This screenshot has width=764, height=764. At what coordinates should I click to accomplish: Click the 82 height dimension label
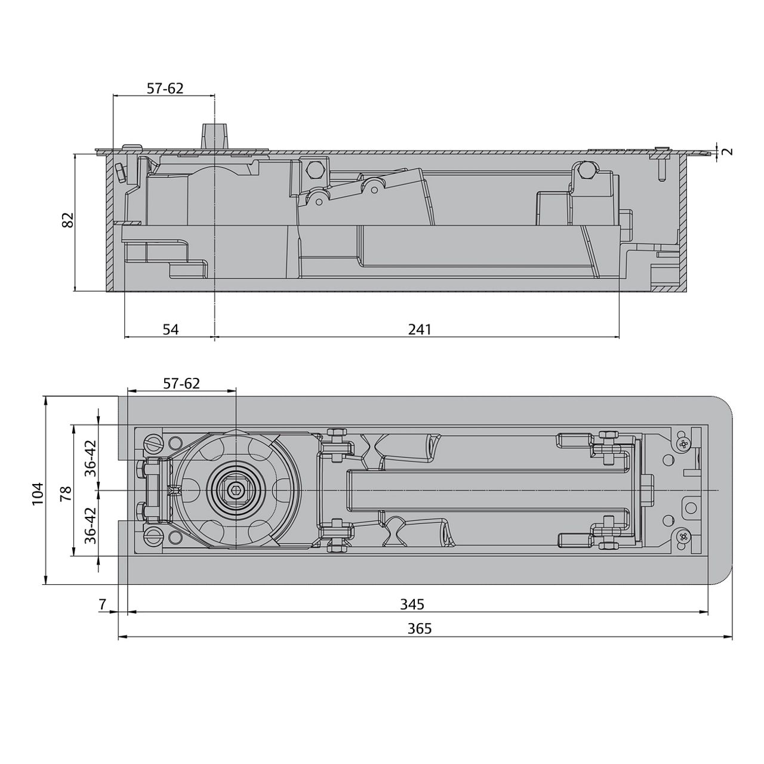pos(68,220)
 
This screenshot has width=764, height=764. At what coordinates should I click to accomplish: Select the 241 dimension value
pos(420,329)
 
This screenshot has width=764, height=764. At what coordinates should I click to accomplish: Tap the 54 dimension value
pos(171,329)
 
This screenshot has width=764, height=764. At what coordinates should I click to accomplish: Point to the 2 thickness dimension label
pos(726,151)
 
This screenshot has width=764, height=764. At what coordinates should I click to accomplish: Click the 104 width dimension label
pos(38,494)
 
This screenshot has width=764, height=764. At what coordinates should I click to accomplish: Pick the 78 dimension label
pos(66,493)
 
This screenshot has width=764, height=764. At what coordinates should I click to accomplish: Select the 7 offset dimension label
pos(102,604)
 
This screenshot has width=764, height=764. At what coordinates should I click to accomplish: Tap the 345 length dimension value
pos(412,604)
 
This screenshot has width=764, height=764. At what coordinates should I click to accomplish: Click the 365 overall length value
pos(420,629)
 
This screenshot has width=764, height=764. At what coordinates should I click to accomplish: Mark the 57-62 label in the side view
pos(165,88)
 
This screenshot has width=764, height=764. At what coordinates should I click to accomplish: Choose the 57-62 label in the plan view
pos(181,383)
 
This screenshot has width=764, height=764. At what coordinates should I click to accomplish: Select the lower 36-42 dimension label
pos(90,525)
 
